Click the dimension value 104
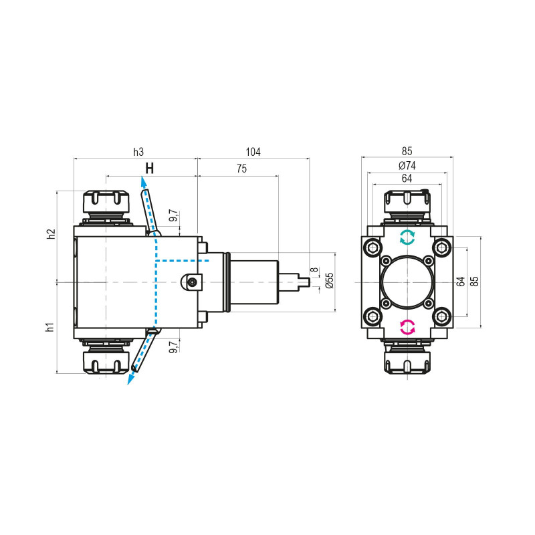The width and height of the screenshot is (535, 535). pos(253,152)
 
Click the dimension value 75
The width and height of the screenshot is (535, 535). pos(240,170)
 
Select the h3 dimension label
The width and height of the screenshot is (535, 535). pos(138,152)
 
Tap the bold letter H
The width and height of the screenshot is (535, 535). pos(150,169)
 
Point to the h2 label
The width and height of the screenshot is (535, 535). pos(50,234)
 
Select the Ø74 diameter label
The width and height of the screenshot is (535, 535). pos(407,165)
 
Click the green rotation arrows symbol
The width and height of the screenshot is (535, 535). pos(407,237)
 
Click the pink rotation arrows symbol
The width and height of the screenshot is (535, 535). pos(407,327)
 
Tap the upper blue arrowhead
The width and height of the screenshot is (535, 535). pos(143,181)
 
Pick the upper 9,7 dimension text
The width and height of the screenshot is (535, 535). pos(173,216)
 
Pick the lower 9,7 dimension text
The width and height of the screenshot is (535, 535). pos(173,346)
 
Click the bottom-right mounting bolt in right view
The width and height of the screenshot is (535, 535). pos(441,315)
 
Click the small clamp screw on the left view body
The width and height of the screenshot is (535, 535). pos(193,282)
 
